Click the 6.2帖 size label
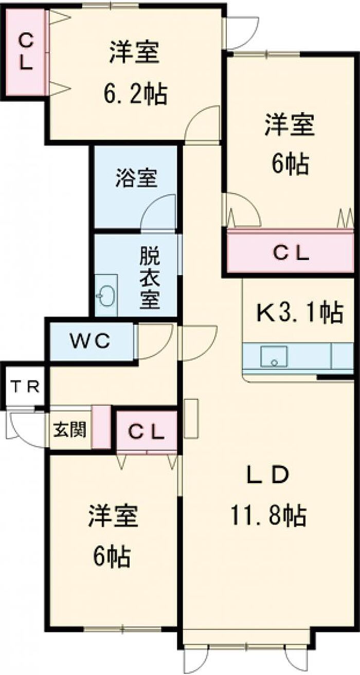135,94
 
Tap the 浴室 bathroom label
136,178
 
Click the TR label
25,387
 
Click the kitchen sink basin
274,357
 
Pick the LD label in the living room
268,475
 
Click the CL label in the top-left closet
26,52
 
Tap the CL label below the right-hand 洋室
291,254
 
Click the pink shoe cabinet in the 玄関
101,427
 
